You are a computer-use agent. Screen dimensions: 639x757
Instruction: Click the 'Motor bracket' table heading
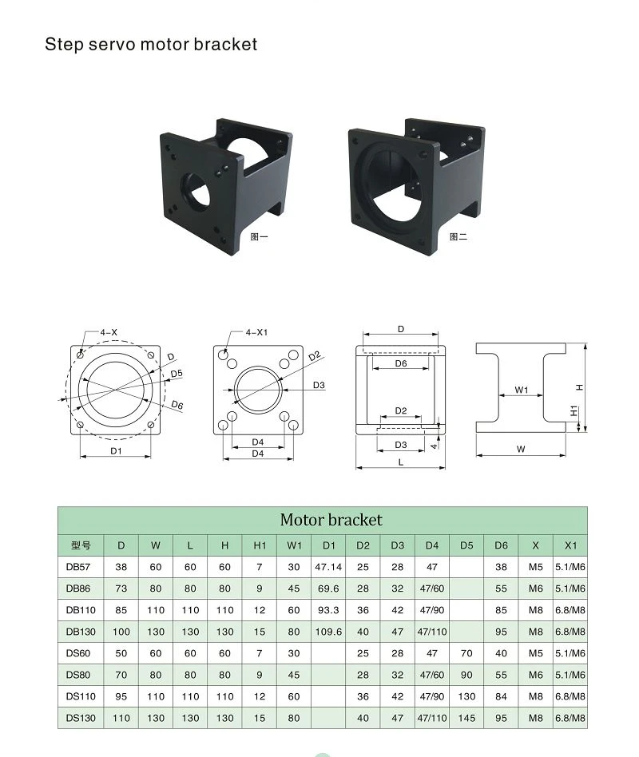click(x=331, y=520)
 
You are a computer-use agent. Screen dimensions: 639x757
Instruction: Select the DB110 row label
click(x=81, y=610)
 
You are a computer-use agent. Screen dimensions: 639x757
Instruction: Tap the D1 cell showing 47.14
click(x=328, y=567)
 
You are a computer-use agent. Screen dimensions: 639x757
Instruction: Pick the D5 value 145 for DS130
click(x=466, y=718)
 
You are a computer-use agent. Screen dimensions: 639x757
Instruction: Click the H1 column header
click(x=260, y=545)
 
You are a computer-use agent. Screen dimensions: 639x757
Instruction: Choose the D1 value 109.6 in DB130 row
click(x=328, y=632)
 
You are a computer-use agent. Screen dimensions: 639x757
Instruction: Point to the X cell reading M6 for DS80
click(x=536, y=675)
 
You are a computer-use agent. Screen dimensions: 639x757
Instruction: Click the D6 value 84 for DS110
click(x=501, y=696)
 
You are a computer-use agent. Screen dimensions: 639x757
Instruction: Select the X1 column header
click(x=570, y=545)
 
